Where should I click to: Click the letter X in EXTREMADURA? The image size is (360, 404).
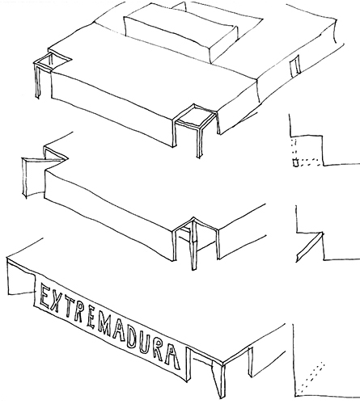click(55, 301)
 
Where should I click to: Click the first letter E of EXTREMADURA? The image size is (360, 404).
click(44, 297)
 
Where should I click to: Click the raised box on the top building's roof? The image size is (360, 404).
click(180, 35)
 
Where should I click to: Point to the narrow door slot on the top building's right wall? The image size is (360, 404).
click(295, 65)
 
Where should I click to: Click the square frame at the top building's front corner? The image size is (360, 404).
click(195, 116)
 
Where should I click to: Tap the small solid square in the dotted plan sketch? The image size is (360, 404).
click(296, 162)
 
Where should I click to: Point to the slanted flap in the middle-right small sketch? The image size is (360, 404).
click(310, 246)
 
